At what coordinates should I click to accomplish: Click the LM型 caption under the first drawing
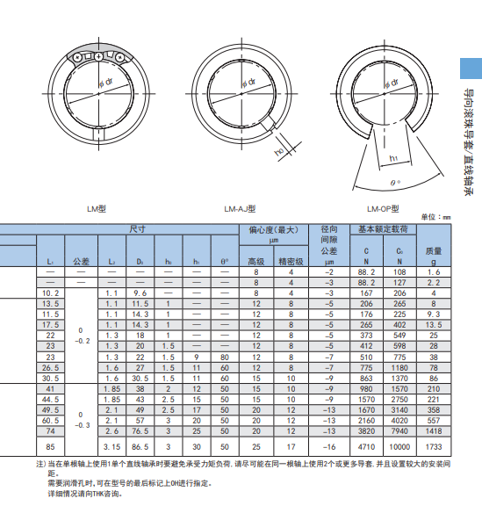(x=96, y=208)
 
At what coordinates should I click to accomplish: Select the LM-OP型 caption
(x=383, y=208)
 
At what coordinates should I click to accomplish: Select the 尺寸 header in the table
(x=137, y=228)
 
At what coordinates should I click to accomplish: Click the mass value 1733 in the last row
(x=433, y=447)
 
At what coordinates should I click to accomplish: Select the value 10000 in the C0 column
(x=399, y=447)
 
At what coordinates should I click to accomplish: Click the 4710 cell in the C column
(x=367, y=447)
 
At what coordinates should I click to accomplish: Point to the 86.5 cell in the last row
(x=140, y=447)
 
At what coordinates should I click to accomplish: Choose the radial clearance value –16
(x=329, y=447)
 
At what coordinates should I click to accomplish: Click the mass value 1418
(x=433, y=430)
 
